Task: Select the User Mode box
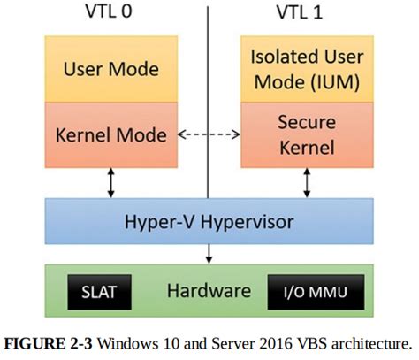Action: coord(112,69)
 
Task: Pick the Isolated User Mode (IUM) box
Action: coord(305,70)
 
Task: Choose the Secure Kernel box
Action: coord(305,135)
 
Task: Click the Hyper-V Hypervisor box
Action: coord(209,221)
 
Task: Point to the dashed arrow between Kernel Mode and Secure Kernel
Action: coord(209,134)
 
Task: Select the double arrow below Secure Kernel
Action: coord(306,182)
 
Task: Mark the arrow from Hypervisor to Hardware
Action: coord(209,254)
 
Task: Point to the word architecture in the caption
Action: coord(364,341)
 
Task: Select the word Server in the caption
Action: coord(227,341)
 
